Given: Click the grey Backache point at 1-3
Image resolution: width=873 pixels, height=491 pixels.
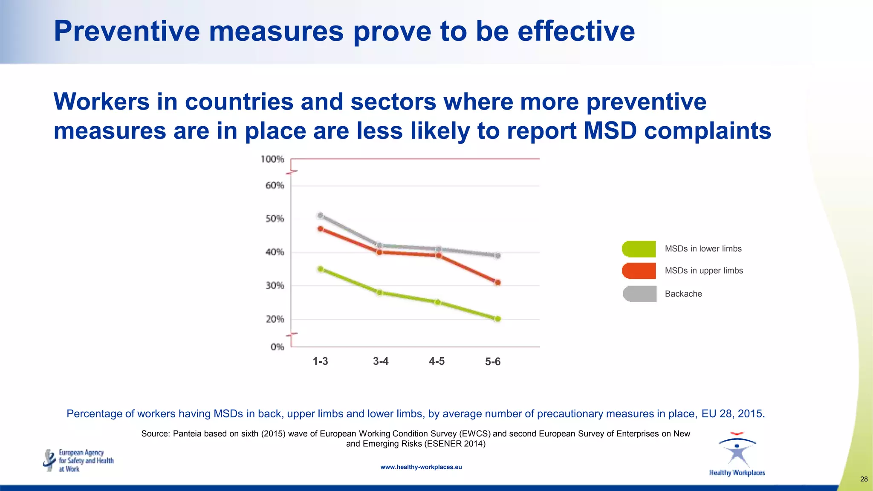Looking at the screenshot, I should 321,215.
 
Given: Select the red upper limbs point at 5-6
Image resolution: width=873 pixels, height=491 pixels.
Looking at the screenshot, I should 497,282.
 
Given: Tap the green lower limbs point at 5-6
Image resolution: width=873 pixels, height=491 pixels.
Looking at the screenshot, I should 497,318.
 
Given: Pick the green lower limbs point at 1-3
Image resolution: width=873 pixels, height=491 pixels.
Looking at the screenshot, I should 321,269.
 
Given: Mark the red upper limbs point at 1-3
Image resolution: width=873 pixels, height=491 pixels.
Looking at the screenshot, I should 321,229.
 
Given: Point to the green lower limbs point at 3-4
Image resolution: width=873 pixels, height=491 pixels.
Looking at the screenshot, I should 379,292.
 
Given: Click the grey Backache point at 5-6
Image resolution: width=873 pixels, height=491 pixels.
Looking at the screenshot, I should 497,255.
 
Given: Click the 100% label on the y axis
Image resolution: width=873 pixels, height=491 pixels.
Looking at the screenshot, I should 272,159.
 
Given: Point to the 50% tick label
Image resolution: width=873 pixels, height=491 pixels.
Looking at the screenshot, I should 275,219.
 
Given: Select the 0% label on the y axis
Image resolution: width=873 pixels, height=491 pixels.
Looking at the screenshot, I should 277,347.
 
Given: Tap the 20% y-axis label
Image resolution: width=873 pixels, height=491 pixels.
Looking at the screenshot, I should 275,319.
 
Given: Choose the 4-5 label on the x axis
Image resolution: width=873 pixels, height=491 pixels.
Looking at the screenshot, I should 436,361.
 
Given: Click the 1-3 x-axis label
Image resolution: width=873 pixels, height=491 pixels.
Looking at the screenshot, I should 320,361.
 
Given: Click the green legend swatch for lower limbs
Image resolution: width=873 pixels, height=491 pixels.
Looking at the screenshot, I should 639,249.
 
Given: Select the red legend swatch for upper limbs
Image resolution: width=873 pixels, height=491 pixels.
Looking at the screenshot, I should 639,271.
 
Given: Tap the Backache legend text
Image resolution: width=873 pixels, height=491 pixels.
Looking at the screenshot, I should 683,294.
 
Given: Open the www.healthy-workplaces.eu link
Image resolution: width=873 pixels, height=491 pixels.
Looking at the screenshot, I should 421,467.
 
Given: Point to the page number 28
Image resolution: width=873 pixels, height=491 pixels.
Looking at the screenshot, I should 864,479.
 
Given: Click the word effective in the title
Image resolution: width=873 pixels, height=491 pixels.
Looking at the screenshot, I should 576,31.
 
